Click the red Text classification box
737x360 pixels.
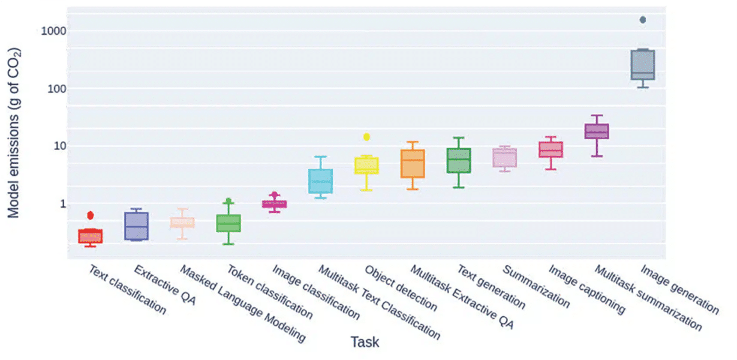pos(91,236)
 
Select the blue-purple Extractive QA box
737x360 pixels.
pos(137,226)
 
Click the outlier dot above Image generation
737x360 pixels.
pos(643,20)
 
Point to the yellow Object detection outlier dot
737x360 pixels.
pos(366,137)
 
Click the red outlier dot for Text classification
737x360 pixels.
pos(91,215)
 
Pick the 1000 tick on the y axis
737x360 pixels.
pos(53,31)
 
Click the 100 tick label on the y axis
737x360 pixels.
pos(56,89)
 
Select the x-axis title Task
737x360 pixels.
pos(365,342)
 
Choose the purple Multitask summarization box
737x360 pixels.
pos(597,131)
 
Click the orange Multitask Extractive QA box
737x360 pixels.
pos(413,163)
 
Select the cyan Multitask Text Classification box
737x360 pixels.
pos(321,181)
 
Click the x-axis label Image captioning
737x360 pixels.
pos(586,289)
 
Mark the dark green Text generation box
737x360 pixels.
pos(459,160)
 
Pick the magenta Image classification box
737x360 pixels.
pos(275,204)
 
